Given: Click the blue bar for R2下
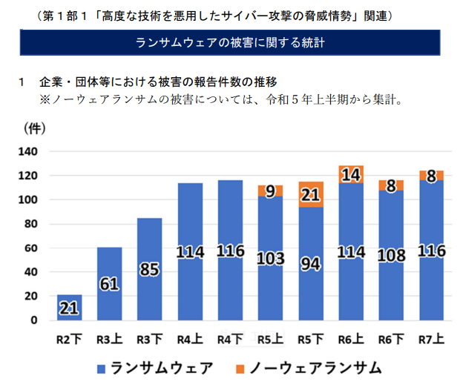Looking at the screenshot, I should (x=70, y=307).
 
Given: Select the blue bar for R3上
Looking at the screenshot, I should (x=110, y=283).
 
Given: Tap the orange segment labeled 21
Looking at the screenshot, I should (x=310, y=194).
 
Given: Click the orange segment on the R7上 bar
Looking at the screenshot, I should (x=431, y=176).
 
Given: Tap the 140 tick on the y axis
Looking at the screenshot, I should (x=27, y=152).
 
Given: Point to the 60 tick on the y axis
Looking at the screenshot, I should (x=30, y=248).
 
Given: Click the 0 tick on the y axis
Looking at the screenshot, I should (x=33, y=320).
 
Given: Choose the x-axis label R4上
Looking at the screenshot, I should (x=190, y=339).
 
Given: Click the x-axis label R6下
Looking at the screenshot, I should (x=390, y=339).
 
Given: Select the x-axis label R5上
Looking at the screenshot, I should (x=270, y=339).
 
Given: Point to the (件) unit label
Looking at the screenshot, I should (x=35, y=128).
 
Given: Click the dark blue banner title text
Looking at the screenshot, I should (x=231, y=42).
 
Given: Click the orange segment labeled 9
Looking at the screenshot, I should (x=270, y=191).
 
